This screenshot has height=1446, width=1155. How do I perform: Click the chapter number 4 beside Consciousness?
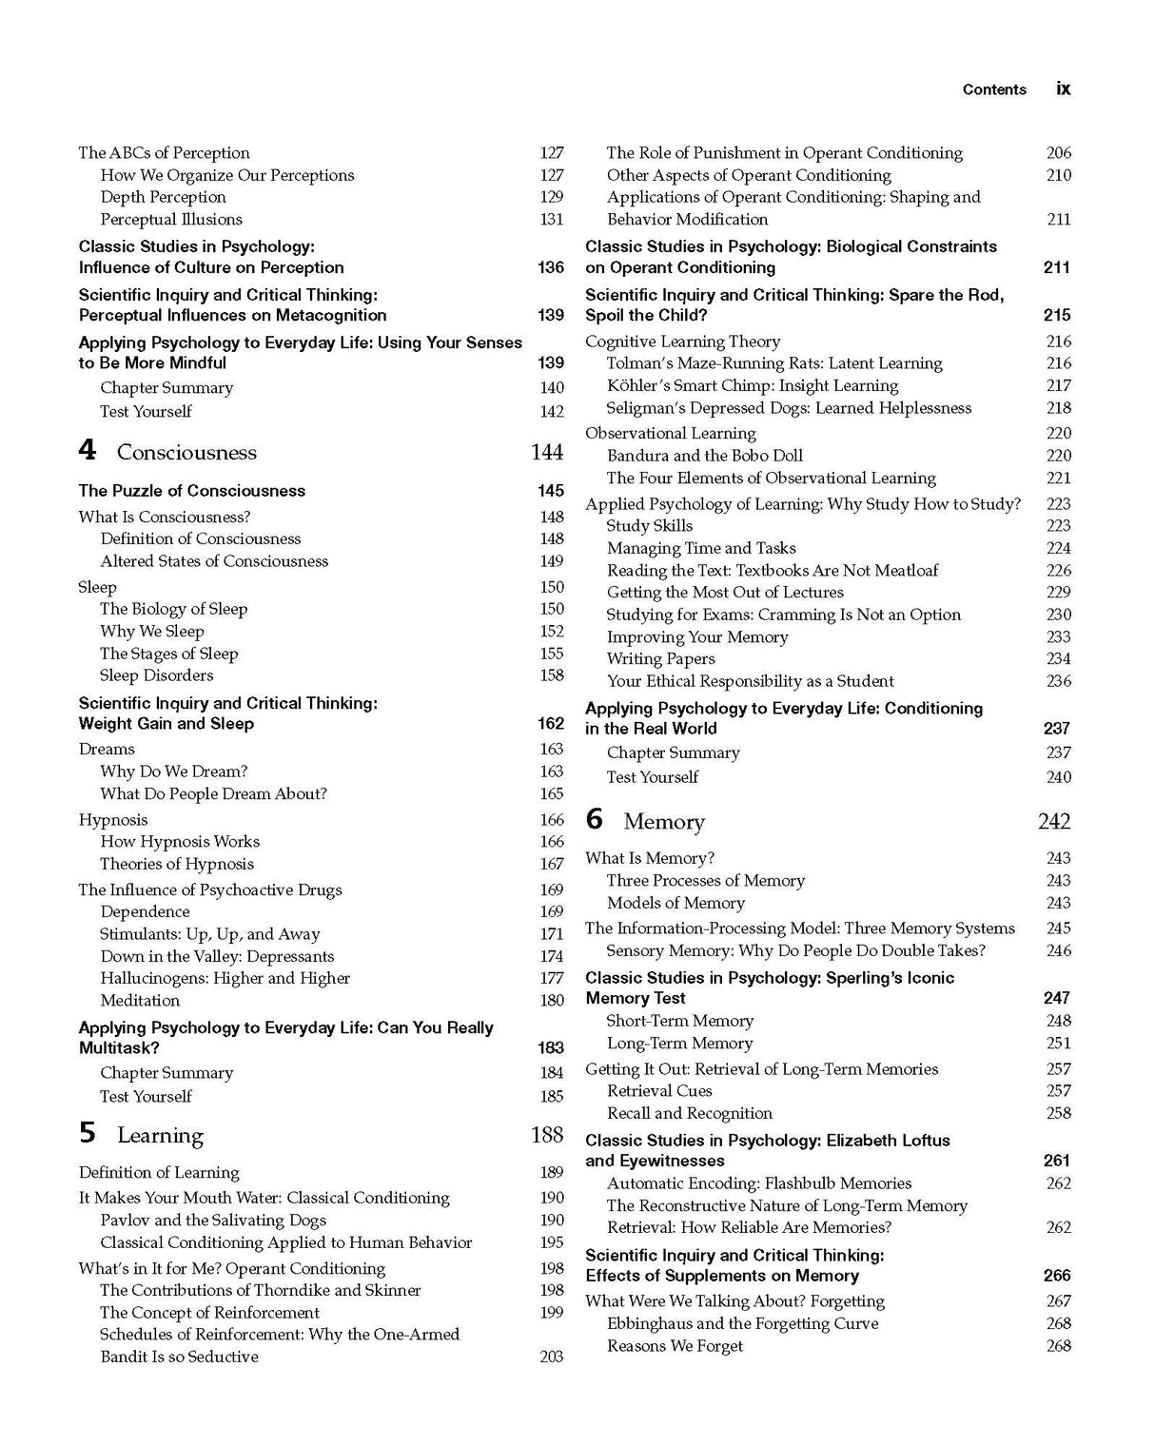[88, 451]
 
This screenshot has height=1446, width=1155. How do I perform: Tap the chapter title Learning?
[160, 1135]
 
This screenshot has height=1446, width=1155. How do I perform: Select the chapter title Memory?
[664, 822]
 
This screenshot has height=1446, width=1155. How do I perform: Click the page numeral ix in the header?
[1063, 88]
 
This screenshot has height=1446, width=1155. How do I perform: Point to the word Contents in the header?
[994, 89]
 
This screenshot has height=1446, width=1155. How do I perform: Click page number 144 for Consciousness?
[547, 453]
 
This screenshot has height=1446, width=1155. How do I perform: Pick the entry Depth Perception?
[163, 197]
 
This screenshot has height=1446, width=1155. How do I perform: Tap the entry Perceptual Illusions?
[171, 219]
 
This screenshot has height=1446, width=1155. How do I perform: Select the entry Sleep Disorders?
[156, 675]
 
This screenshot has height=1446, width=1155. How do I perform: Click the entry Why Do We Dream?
[173, 772]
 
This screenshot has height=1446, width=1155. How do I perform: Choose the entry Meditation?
[140, 1000]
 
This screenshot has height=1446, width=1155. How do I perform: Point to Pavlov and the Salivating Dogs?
[212, 1220]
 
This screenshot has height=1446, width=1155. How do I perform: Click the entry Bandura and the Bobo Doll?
[704, 456]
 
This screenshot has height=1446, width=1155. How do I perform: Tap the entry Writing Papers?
[660, 658]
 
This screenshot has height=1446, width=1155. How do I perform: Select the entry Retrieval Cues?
[659, 1090]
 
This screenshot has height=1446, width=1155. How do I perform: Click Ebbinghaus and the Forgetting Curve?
[742, 1323]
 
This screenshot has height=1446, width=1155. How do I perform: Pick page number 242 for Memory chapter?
[1054, 822]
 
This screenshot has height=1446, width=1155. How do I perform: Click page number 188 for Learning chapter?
[547, 1135]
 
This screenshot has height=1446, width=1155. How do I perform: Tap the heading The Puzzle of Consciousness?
[192, 491]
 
